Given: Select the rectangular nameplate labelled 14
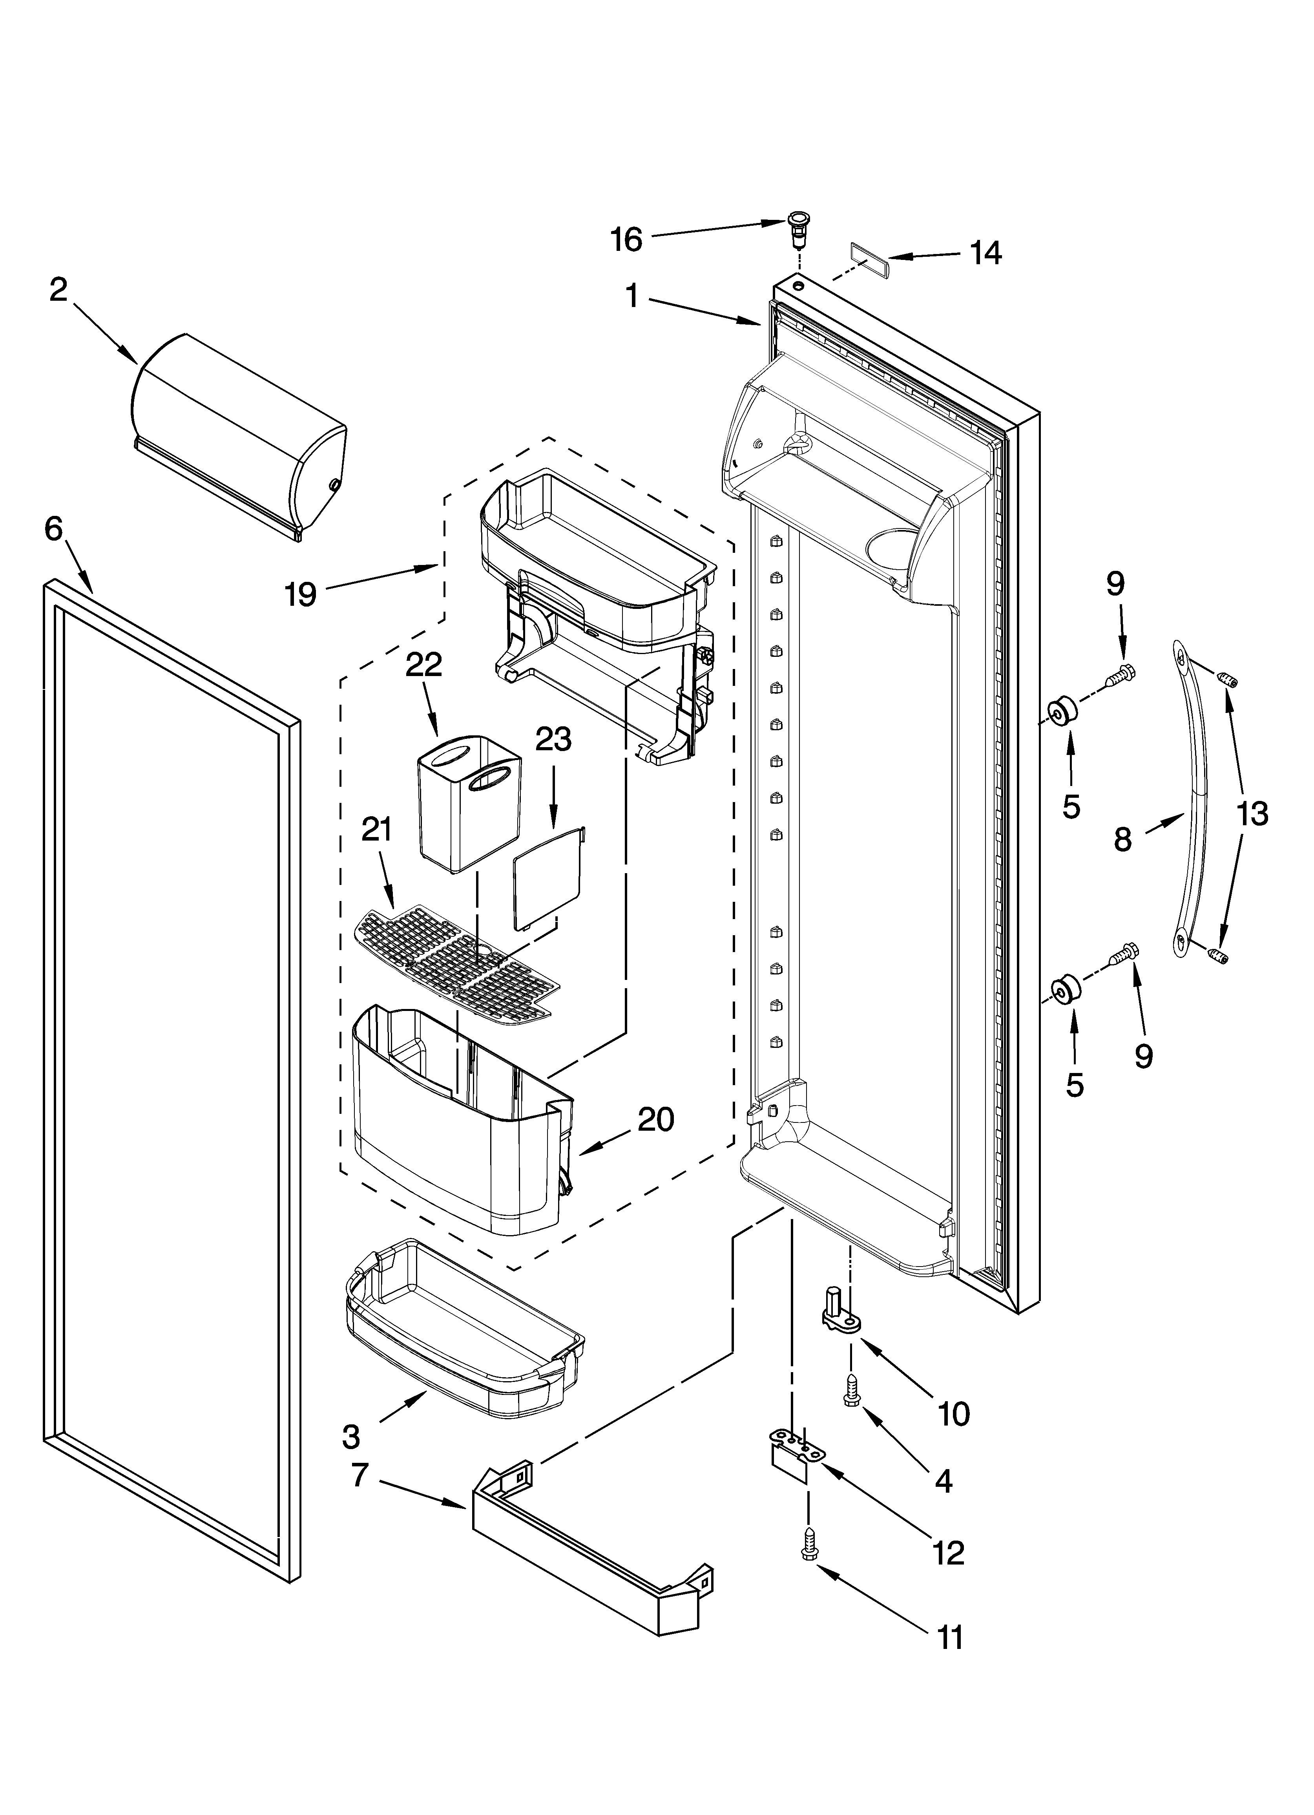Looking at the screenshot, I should pyautogui.click(x=867, y=261).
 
